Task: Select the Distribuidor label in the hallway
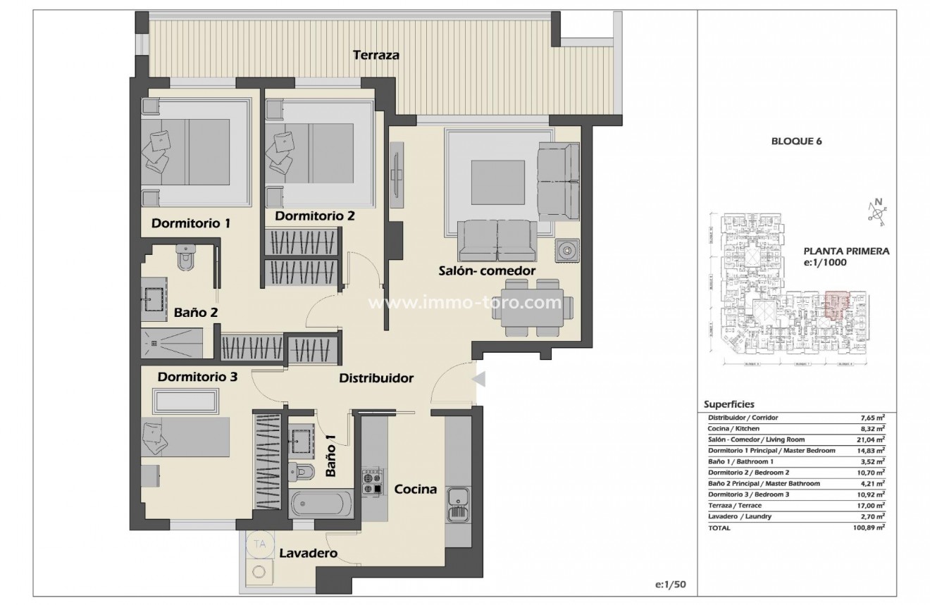(376, 378)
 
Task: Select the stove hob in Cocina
(371, 482)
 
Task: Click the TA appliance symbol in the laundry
(260, 544)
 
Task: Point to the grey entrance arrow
(479, 380)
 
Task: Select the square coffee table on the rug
(497, 182)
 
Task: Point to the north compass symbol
(877, 211)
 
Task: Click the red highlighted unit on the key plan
(836, 304)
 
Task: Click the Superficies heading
(729, 404)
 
